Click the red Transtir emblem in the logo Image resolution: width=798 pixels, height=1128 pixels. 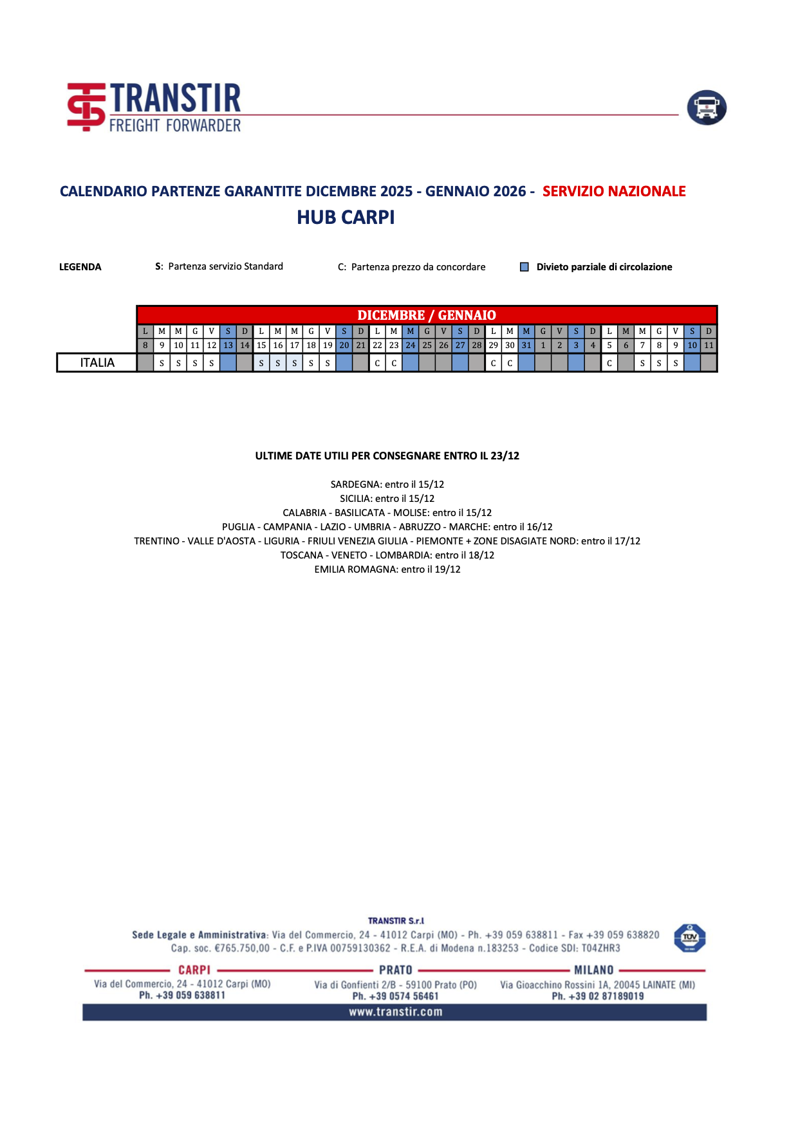point(86,107)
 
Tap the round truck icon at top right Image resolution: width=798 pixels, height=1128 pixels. point(706,107)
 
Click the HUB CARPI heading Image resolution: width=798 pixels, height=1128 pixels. point(346,217)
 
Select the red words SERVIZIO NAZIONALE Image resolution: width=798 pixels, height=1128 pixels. point(613,191)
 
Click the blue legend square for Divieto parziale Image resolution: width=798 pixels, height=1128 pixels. point(524,267)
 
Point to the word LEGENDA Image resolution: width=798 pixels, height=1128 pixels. point(80,267)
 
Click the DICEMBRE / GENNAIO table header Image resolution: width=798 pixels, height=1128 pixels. point(426,315)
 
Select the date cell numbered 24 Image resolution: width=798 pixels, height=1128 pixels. point(411,346)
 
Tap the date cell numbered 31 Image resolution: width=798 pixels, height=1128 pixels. point(526,346)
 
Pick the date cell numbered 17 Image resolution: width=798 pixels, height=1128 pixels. point(295,346)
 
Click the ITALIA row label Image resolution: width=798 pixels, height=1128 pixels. point(97,363)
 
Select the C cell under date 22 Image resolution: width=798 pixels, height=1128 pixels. point(378,363)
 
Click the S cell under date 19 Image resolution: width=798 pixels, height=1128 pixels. point(328,363)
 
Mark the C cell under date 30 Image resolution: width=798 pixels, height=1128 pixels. point(510,363)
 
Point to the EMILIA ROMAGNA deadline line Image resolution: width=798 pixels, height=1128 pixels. point(387,569)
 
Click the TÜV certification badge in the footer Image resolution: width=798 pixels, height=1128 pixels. point(689,938)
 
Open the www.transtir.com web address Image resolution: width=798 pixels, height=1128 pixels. point(395,1012)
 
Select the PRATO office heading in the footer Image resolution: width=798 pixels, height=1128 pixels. point(395,970)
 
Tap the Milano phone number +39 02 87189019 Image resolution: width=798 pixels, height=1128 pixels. point(597,996)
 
